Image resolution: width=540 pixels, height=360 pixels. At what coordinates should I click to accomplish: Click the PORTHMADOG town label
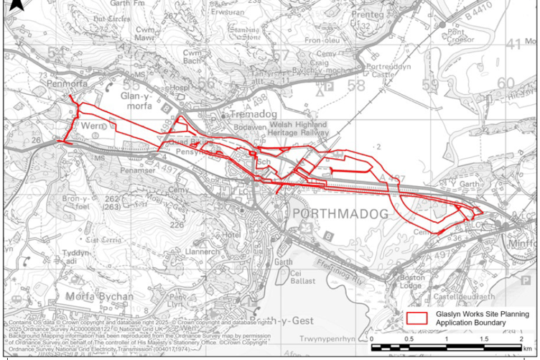point(340,214)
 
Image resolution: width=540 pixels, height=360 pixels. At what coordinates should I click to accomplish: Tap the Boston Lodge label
point(412,282)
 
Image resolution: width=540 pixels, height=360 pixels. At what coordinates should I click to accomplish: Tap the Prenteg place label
point(368,14)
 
